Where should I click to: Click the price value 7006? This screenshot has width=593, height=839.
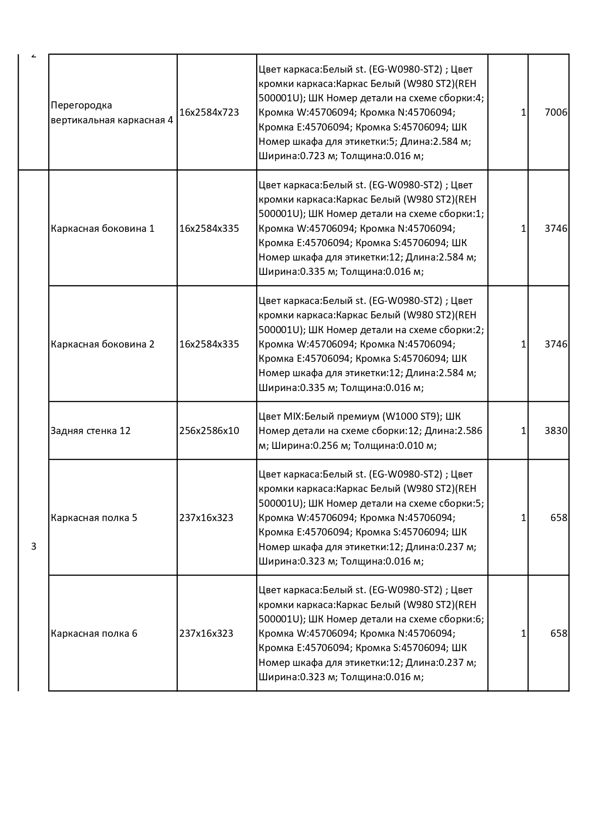[556, 112]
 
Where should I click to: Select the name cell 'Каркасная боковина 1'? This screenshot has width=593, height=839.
[102, 229]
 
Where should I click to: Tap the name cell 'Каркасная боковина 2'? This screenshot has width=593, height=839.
[102, 344]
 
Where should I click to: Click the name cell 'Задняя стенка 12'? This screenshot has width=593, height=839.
[90, 431]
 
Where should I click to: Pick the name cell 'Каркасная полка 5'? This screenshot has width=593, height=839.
[94, 518]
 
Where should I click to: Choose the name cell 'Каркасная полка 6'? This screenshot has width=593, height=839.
[94, 633]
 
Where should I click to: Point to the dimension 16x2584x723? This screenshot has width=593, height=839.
[209, 112]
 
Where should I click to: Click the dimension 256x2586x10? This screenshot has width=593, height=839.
[209, 431]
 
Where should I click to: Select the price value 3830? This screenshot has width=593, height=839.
[556, 431]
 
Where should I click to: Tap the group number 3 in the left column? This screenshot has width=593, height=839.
[33, 546]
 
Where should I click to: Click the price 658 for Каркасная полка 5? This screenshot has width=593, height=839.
[559, 518]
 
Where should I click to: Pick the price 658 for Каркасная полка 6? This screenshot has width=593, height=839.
[559, 633]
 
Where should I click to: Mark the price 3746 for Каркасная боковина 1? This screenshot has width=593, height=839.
[556, 229]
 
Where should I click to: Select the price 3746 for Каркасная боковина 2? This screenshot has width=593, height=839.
[556, 344]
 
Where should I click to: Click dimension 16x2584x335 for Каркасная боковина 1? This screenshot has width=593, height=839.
[209, 229]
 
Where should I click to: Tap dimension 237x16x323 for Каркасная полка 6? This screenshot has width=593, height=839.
[206, 633]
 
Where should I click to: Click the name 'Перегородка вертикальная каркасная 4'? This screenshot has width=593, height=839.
[112, 112]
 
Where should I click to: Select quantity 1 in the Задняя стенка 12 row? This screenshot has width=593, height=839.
[523, 431]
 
